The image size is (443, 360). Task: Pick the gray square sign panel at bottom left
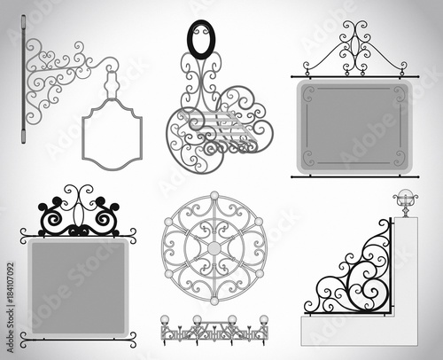[x=78, y=284]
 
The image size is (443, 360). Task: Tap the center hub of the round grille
[x=214, y=248]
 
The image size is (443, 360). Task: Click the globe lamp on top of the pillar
[x=406, y=199]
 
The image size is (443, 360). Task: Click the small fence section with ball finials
[x=213, y=330]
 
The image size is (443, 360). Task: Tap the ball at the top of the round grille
[x=214, y=195]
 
